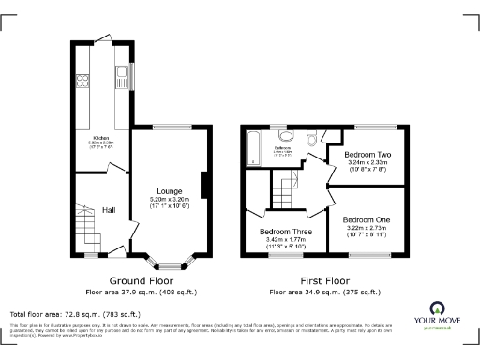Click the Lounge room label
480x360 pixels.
pyautogui.click(x=168, y=190)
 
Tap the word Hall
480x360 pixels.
pyautogui.click(x=109, y=211)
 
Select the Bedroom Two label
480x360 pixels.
pyautogui.click(x=367, y=153)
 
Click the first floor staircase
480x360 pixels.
pyautogui.click(x=285, y=194)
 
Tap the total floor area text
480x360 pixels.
pyautogui.click(x=75, y=314)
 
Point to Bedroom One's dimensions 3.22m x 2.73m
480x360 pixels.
pyautogui.click(x=369, y=228)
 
